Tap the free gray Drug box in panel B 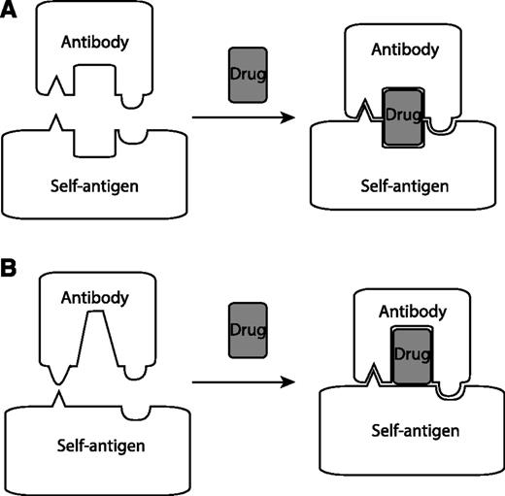click(245, 330)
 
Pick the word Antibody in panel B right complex click(412, 312)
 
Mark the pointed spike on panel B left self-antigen click(58, 397)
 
